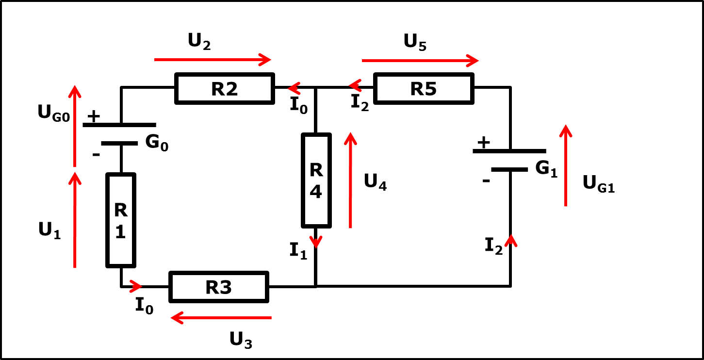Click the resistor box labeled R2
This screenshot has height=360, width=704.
tap(225, 88)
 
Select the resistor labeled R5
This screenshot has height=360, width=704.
tap(424, 88)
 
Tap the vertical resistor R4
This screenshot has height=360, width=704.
tap(316, 180)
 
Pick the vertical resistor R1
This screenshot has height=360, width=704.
tap(121, 220)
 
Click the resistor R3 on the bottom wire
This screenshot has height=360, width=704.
tap(219, 287)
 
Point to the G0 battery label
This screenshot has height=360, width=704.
tap(157, 143)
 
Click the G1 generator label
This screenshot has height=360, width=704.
tap(546, 169)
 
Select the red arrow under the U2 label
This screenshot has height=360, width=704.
tap(213, 60)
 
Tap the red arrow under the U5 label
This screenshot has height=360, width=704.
tap(420, 61)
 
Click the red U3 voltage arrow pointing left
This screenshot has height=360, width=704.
tap(221, 318)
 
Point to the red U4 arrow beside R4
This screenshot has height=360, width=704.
tap(350, 180)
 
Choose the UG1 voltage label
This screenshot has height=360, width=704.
tap(598, 183)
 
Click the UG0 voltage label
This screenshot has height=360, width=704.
tap(53, 113)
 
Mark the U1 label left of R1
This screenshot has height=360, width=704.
tap(49, 230)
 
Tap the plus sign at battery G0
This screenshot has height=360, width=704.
tap(94, 116)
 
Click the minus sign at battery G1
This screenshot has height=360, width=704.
tap(486, 181)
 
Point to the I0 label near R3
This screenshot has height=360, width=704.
tap(144, 306)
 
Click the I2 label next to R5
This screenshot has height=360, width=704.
tap(360, 103)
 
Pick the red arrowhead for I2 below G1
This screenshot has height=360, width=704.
tap(511, 241)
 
